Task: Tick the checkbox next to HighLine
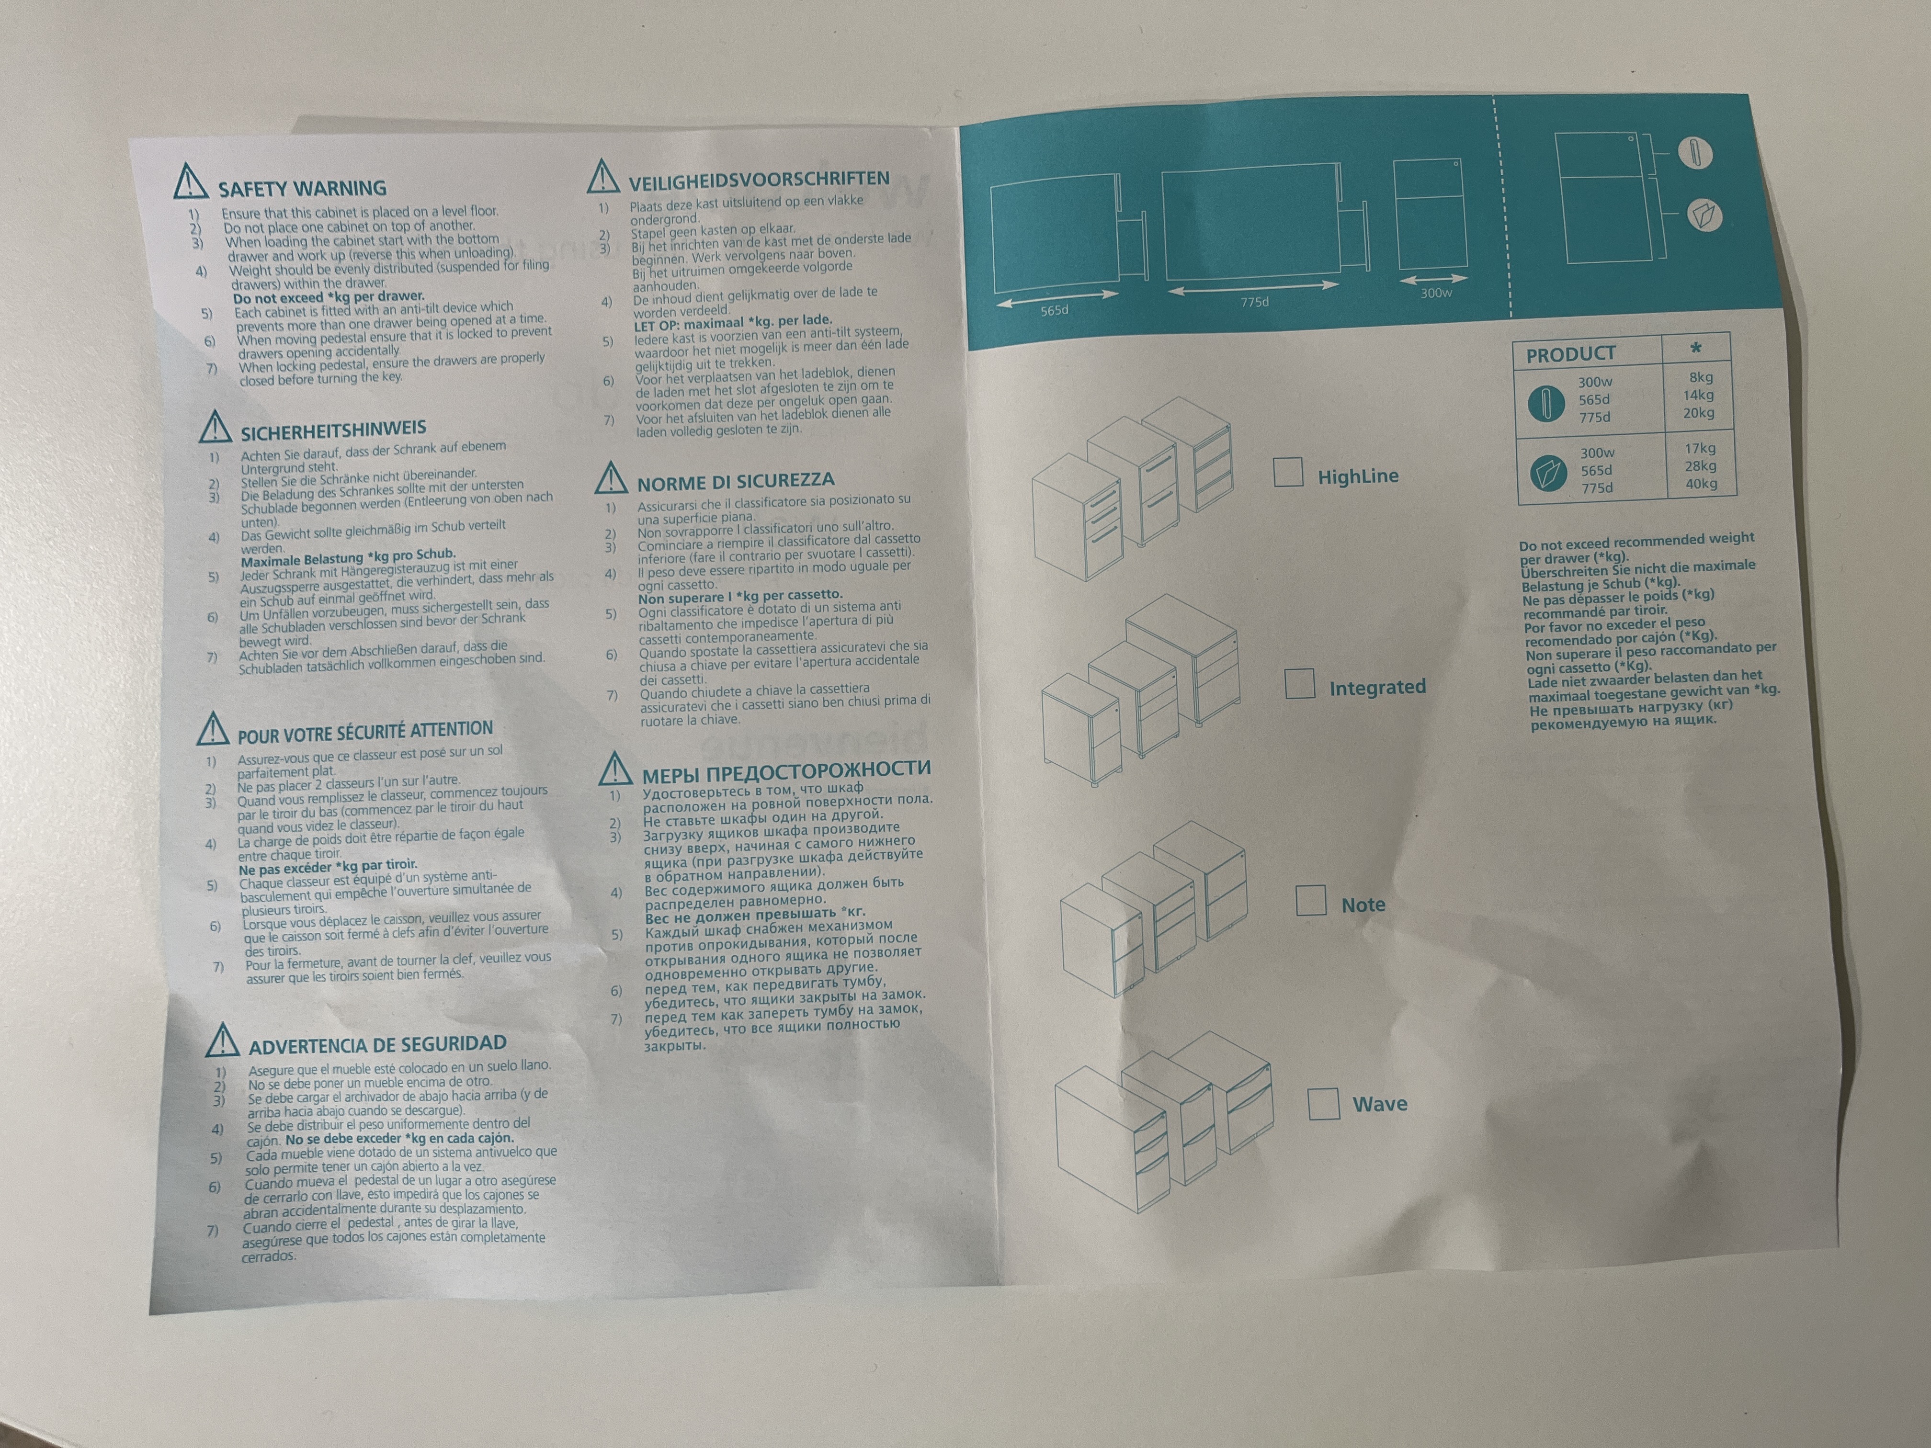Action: pos(1288,472)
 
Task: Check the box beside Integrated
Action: pos(1300,683)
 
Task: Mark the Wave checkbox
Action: pos(1323,1103)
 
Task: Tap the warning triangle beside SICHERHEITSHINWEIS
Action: pos(215,426)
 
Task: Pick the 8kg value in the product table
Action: pos(1701,377)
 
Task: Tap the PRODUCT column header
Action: pos(1570,353)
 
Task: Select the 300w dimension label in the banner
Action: pos(1436,293)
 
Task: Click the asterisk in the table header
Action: pos(1695,347)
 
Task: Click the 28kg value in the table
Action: pos(1701,466)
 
